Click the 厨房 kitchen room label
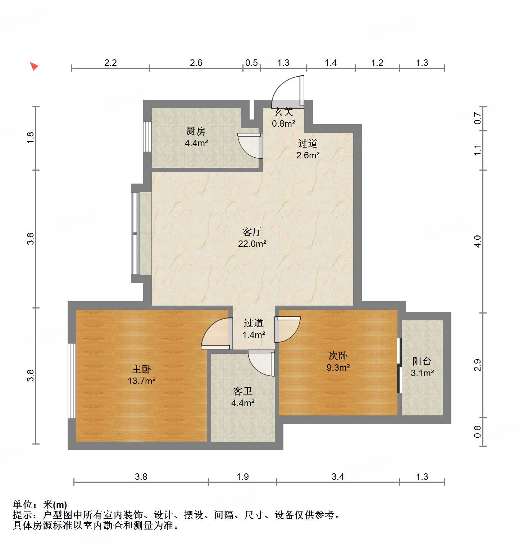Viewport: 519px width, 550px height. point(196,131)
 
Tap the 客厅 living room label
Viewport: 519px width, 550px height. point(252,232)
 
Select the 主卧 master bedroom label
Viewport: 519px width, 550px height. point(141,369)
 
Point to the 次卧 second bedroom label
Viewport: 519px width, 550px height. point(338,356)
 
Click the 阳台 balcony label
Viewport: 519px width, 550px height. point(422,361)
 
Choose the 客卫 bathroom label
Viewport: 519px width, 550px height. point(243,391)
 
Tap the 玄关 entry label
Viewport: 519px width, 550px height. point(284,112)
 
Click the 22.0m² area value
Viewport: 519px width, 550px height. point(252,244)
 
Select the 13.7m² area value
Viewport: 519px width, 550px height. point(141,381)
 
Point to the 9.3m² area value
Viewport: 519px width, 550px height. point(338,368)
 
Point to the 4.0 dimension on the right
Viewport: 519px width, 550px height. point(478,241)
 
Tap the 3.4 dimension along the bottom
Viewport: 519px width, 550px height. point(338,477)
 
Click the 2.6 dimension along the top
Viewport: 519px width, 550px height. point(196,63)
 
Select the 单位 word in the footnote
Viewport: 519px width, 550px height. point(22,505)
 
